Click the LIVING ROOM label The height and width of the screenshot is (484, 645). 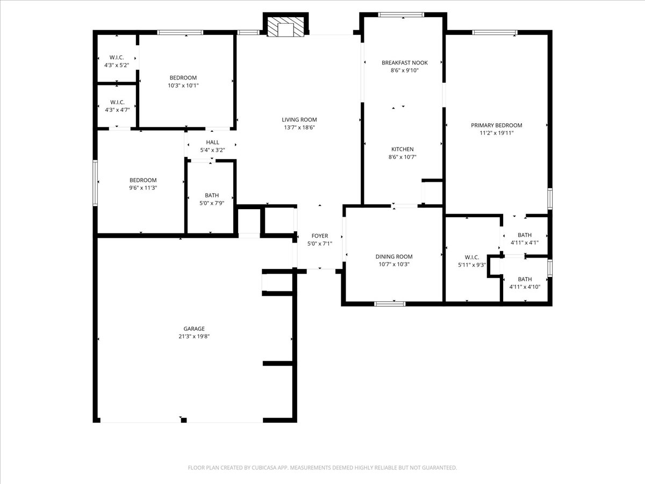[299, 119]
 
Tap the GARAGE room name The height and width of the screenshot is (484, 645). [194, 329]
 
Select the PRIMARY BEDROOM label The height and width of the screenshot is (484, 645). [497, 125]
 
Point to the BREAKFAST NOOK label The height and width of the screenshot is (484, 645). [405, 62]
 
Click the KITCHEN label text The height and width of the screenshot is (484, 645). [402, 149]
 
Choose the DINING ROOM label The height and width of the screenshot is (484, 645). [394, 257]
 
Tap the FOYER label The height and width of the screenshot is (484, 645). [320, 236]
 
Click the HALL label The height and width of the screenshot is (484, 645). [212, 142]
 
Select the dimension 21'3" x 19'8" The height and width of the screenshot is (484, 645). [194, 337]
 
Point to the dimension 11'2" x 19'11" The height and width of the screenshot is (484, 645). [497, 133]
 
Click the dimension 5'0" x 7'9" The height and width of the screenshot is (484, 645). [212, 203]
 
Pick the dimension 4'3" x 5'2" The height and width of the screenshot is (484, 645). [117, 65]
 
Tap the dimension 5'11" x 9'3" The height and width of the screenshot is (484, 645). [472, 265]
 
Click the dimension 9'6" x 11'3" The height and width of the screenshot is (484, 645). [143, 188]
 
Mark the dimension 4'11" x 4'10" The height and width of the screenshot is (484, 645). [525, 287]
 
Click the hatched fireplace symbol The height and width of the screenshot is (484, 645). [285, 27]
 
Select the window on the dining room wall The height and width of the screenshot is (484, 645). [390, 304]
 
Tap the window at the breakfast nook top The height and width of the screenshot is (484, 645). [401, 15]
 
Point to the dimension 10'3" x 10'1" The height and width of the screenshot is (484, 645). [183, 86]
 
